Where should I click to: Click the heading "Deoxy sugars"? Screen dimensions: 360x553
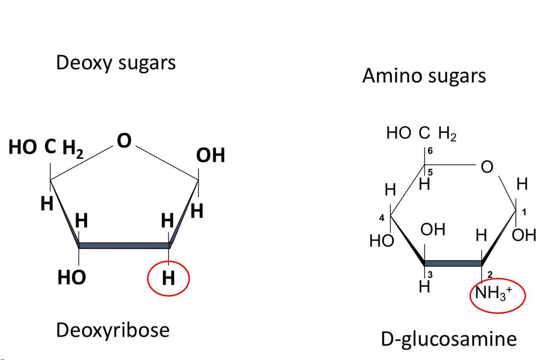[x=116, y=63]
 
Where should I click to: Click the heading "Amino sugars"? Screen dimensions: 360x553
[x=424, y=76]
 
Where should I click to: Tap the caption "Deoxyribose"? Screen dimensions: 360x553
[x=113, y=330]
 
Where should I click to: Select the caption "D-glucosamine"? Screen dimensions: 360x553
[x=449, y=339]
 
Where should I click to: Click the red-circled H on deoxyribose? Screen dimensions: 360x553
[x=168, y=278]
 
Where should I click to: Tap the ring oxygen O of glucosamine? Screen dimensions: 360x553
[x=487, y=168]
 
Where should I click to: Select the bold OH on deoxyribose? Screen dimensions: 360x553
[x=211, y=156]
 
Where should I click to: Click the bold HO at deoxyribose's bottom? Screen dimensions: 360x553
[x=71, y=277]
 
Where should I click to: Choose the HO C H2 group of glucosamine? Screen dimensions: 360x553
[x=421, y=134]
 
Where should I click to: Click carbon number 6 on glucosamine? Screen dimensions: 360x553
[x=430, y=151]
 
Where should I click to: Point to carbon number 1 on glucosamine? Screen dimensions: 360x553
[x=524, y=212]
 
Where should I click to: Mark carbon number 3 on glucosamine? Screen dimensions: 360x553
[x=430, y=274]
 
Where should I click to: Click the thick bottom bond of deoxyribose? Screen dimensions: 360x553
[x=124, y=246]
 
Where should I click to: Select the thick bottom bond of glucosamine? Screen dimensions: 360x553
[x=453, y=263]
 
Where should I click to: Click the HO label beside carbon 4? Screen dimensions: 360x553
[x=381, y=241]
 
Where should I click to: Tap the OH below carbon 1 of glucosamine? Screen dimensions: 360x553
[x=524, y=236]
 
